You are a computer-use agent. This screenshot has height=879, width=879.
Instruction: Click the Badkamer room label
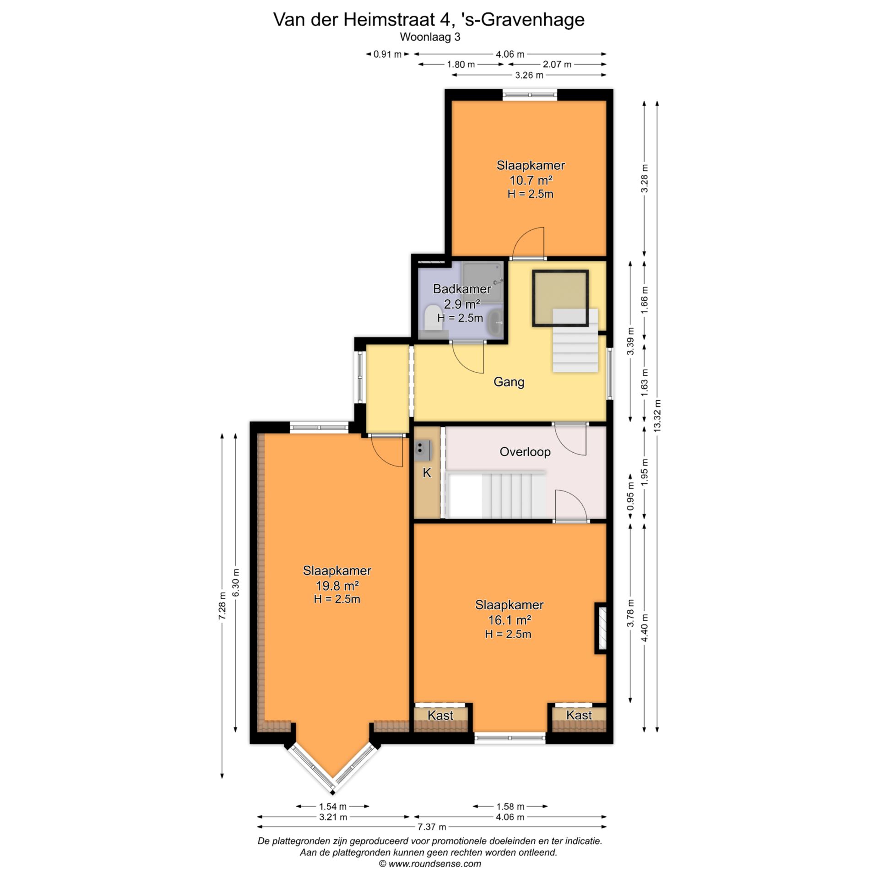pyautogui.click(x=462, y=289)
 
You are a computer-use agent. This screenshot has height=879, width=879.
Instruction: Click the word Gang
pyautogui.click(x=509, y=382)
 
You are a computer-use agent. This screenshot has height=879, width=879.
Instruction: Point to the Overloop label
pyautogui.click(x=525, y=452)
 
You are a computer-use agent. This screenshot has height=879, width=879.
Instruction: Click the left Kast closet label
pyautogui.click(x=440, y=715)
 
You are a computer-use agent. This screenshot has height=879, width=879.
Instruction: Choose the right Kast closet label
pyautogui.click(x=579, y=715)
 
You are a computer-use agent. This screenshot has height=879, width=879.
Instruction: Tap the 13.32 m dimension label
pyautogui.click(x=658, y=416)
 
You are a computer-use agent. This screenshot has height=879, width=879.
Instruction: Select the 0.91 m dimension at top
pyautogui.click(x=387, y=54)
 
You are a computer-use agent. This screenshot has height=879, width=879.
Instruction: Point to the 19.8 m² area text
pyautogui.click(x=336, y=586)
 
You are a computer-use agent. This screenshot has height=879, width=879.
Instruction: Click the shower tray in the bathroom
pyautogui.click(x=483, y=280)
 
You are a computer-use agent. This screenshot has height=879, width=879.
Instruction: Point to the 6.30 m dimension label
pyautogui.click(x=236, y=582)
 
